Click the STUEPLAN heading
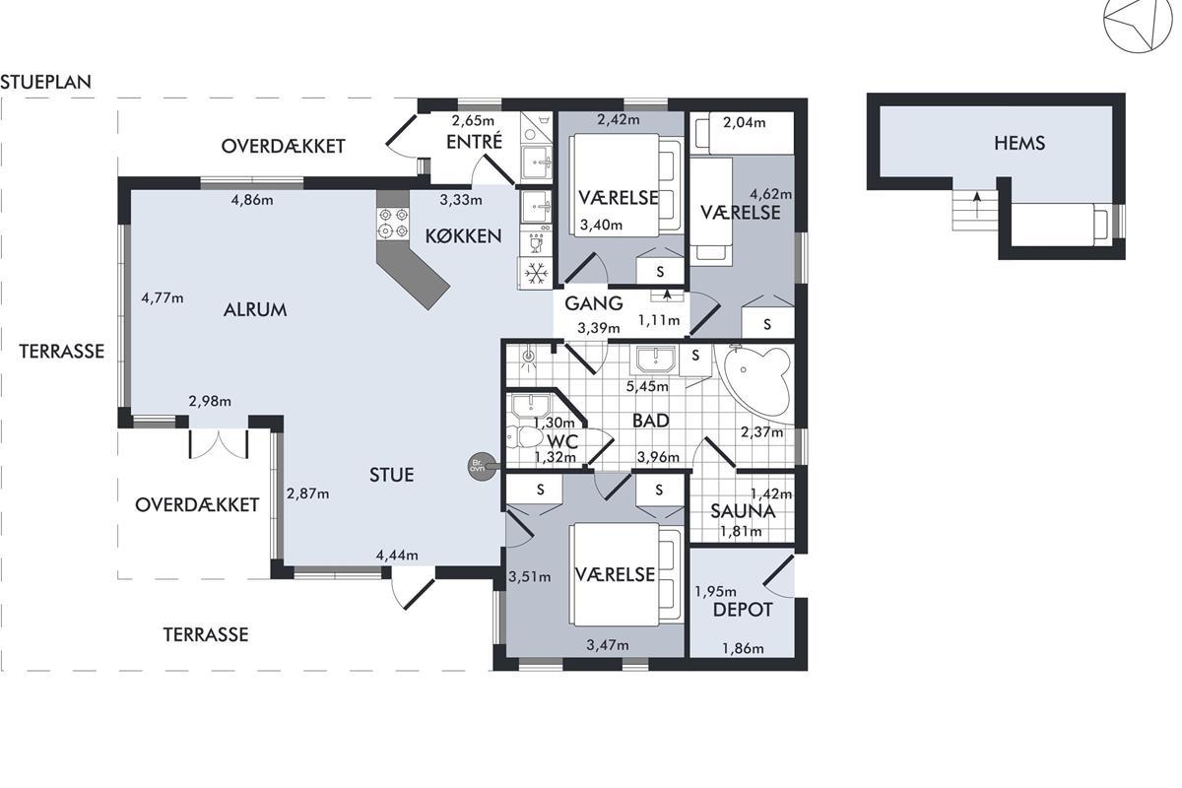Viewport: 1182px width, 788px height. pos(46,82)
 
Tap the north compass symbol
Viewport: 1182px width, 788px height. pos(1139,26)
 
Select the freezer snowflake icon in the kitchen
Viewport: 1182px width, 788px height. pos(536,274)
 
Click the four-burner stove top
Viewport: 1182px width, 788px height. pos(393,224)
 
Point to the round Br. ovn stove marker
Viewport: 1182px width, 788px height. pos(482,466)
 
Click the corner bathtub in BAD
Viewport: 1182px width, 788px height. pos(756,383)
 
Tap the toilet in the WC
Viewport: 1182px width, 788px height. pos(525,437)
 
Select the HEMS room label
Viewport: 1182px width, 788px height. pos(1019,144)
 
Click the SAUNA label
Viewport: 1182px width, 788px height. pos(743,511)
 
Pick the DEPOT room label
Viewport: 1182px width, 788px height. pos(743,610)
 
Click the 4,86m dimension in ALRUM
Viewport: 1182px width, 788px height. pos(252,200)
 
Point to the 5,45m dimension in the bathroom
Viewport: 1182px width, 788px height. pos(647,387)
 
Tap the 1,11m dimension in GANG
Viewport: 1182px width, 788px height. pos(659,320)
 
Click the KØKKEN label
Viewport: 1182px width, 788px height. pos(463,236)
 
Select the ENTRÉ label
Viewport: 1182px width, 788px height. pos(475,142)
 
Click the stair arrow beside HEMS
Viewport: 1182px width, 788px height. pos(977,205)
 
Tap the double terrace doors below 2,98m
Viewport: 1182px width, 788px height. pos(219,444)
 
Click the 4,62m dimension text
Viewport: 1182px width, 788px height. pos(771,194)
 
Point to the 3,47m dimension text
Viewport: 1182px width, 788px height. pos(608,645)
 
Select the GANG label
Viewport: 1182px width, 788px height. pos(594,303)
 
